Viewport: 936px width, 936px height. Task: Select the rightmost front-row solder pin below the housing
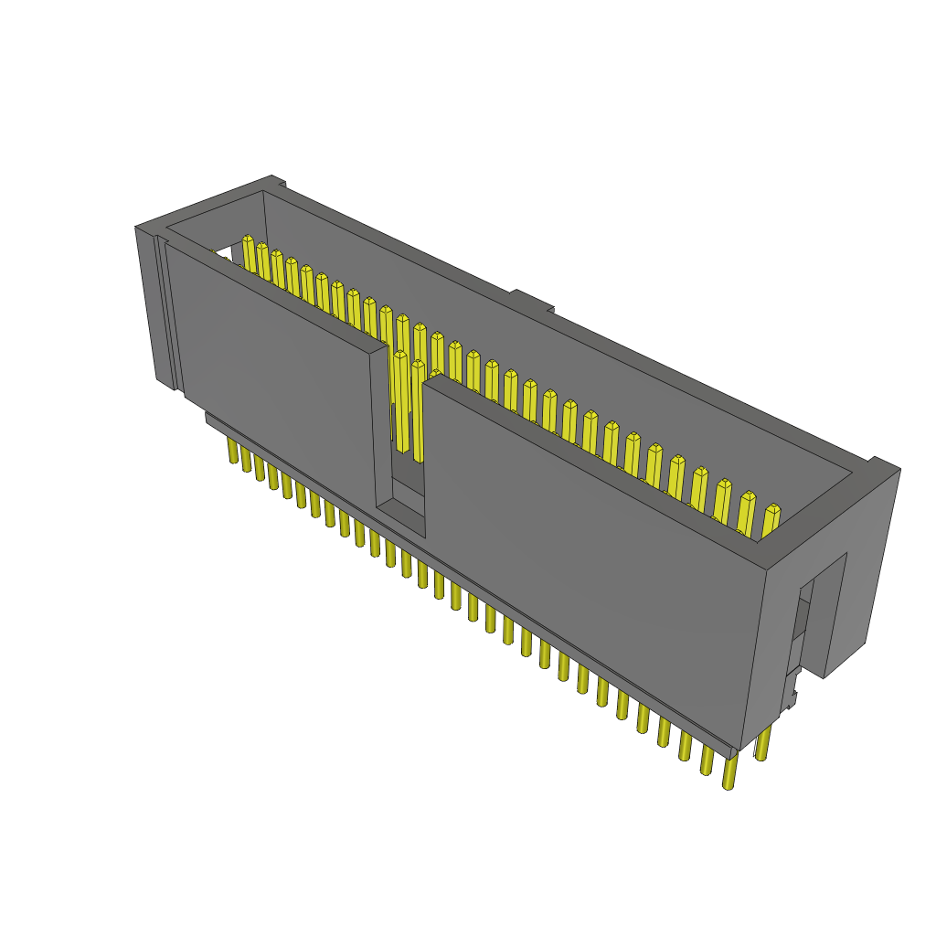[729, 772]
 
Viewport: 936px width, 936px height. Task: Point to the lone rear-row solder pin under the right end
[762, 745]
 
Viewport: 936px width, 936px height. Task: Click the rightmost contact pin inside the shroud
[771, 521]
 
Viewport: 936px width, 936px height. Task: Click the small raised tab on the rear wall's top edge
[531, 301]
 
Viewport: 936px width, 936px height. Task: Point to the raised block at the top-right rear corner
[883, 468]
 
